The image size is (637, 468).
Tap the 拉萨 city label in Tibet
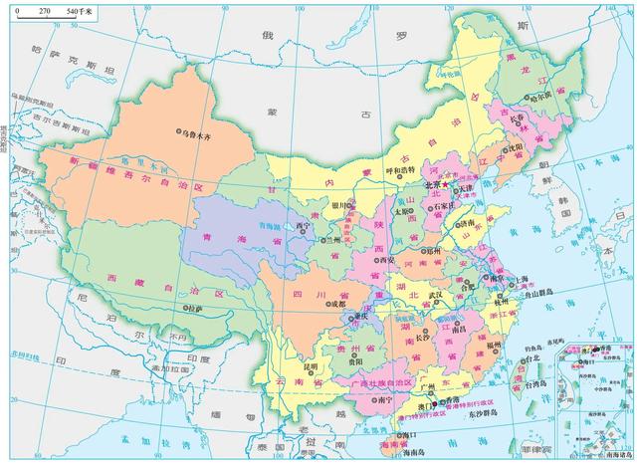click(194, 309)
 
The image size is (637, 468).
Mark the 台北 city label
click(532, 358)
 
